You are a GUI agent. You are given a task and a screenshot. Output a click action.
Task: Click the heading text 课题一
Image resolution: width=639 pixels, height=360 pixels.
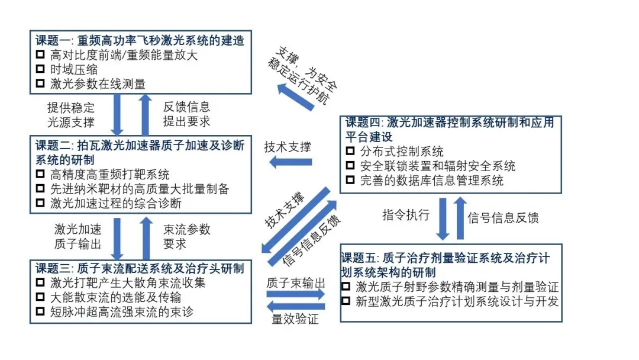(x=54, y=41)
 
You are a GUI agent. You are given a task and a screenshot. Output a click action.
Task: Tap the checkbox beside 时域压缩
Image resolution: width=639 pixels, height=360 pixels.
(x=40, y=69)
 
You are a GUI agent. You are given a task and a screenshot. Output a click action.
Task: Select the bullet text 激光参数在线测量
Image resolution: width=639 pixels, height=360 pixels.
(x=98, y=83)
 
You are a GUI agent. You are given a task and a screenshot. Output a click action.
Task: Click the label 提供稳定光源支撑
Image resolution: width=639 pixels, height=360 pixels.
(x=71, y=115)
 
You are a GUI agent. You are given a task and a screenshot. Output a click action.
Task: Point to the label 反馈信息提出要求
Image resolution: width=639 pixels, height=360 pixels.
(x=186, y=115)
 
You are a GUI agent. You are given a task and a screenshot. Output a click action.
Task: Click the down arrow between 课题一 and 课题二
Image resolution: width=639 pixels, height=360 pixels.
(x=117, y=114)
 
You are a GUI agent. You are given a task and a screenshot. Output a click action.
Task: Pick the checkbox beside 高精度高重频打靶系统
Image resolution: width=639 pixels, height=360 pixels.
(x=40, y=174)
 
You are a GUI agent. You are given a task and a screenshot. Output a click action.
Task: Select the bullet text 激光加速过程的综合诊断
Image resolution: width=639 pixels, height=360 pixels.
(x=116, y=203)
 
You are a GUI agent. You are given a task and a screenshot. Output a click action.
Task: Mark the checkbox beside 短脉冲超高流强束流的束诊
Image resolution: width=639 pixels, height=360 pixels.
(x=40, y=311)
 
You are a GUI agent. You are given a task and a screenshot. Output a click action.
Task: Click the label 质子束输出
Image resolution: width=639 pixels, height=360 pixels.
(x=296, y=282)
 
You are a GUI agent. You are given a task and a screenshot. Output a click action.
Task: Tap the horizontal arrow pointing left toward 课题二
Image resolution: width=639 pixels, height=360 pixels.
(x=291, y=162)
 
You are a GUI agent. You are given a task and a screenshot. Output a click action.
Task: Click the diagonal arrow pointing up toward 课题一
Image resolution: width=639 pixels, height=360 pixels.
(x=296, y=97)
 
